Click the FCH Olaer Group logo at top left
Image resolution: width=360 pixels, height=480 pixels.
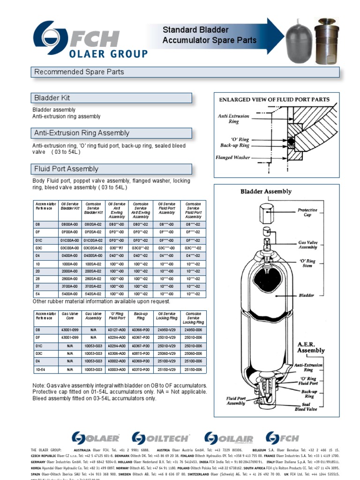(90, 41)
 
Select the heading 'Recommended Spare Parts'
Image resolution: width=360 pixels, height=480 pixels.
(79, 72)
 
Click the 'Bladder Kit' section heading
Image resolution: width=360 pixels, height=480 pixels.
(52, 98)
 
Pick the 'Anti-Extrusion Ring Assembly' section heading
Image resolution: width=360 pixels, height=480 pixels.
(82, 134)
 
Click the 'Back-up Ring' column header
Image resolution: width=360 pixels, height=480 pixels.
(141, 316)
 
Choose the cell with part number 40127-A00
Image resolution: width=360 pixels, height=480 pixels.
(117, 330)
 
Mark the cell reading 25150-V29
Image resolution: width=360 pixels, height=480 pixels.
(167, 369)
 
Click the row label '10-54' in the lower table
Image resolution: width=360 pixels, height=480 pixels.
(41, 369)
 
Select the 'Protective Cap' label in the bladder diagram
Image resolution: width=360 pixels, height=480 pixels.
(307, 213)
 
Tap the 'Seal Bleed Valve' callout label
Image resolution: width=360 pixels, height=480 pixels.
(306, 407)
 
